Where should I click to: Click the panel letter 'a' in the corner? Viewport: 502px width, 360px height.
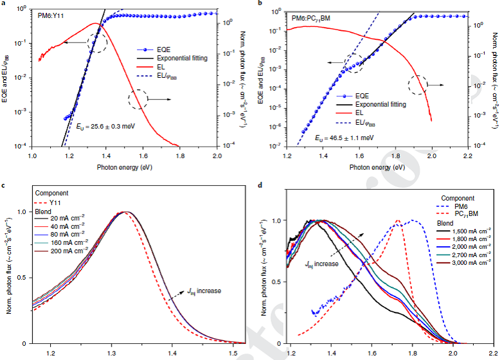(5, 4)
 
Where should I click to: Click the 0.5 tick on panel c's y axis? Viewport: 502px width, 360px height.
(21, 278)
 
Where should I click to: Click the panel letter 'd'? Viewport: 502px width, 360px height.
(259, 186)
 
